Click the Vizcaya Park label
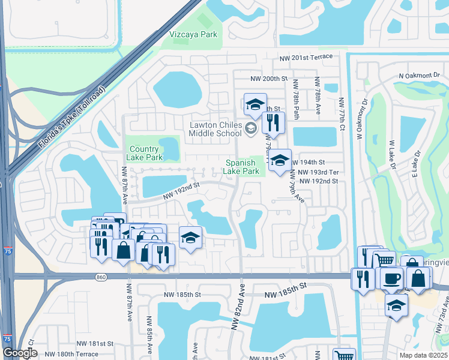pyautogui.click(x=193, y=35)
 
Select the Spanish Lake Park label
pyautogui.click(x=243, y=167)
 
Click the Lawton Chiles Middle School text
pyautogui.click(x=214, y=128)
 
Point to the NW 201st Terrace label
pyautogui.click(x=306, y=56)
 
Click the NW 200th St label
pyautogui.click(x=269, y=79)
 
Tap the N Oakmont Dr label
pyautogui.click(x=423, y=76)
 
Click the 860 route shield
pyautogui.click(x=100, y=277)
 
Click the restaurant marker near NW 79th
pyautogui.click(x=273, y=123)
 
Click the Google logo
pyautogui.click(x=20, y=353)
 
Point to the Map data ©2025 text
pyautogui.click(x=423, y=355)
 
